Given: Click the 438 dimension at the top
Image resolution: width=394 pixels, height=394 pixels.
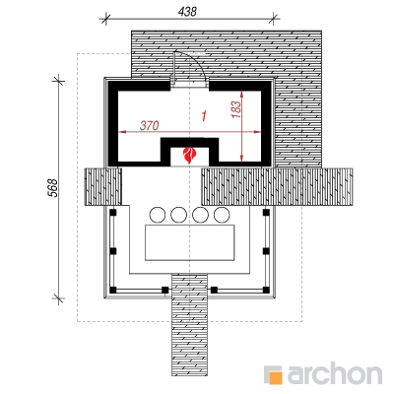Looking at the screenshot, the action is coord(187,12).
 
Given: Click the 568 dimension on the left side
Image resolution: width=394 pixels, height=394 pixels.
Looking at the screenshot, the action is coord(53,188).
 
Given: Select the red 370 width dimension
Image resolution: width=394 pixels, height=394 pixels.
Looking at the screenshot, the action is coord(150,125).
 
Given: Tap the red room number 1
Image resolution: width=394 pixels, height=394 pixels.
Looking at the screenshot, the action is coord(204,116).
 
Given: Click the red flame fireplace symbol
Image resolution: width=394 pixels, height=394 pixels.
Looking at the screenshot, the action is coord(189,156).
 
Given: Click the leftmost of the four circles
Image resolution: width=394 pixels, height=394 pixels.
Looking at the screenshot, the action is coord(158,215).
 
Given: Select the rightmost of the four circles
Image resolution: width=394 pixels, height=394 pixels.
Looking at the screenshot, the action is coord(222,215).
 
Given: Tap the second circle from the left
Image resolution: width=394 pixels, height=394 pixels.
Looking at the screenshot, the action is coord(179,215).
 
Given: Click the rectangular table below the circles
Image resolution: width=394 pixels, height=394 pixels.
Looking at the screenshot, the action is coord(190,243).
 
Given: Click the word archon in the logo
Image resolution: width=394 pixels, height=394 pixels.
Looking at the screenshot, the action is coord(335,372).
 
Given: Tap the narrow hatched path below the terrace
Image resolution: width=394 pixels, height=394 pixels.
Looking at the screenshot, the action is coord(190,325).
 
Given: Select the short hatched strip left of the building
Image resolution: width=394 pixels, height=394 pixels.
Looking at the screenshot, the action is coord(103,187).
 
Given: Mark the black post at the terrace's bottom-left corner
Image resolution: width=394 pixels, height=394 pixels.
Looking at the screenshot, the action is coord(113,290).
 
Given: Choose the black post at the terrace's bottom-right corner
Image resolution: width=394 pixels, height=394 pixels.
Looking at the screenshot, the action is coord(266,290).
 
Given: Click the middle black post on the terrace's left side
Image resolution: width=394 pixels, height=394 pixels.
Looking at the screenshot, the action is coord(113,251).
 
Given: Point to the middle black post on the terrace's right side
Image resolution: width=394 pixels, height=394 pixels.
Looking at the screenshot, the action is coord(266,251).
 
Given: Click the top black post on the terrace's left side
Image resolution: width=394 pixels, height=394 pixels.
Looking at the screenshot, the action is coord(113,213).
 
